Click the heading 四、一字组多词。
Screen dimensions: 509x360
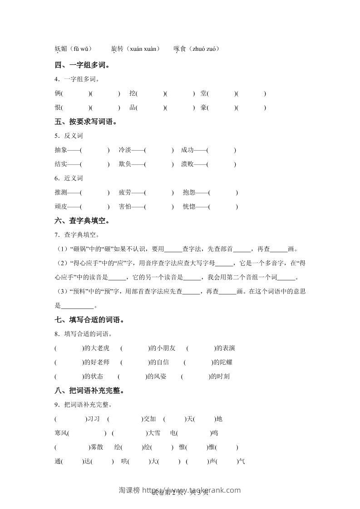tap(82, 65)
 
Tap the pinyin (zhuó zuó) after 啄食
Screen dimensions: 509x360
tap(204, 49)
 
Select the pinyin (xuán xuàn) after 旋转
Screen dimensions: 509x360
tap(142, 49)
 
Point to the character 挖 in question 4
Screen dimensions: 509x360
tap(133, 93)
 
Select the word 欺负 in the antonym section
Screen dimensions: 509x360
tap(125, 164)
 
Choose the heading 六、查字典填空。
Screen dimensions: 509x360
tap(82, 221)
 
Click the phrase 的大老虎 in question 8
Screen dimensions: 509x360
tap(97, 348)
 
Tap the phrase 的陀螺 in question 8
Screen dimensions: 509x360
tap(223, 362)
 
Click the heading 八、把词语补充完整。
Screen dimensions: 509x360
tap(89, 391)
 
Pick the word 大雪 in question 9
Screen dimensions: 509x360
tap(153, 433)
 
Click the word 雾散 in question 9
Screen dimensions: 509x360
tap(96, 447)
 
